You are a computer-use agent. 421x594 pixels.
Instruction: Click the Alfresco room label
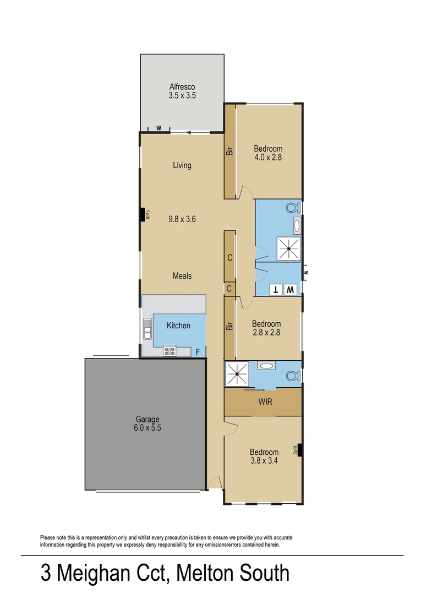[182, 87]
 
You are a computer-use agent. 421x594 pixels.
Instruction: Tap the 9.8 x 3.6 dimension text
[182, 219]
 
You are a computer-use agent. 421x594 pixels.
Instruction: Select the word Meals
[182, 276]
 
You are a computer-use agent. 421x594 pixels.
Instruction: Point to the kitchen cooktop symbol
[170, 350]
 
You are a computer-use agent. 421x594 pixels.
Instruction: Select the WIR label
[265, 402]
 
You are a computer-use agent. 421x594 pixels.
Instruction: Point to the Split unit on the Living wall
[145, 215]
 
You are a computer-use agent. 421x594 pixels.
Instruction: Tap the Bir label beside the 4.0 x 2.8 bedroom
[229, 150]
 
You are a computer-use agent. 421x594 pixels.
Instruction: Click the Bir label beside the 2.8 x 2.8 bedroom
[229, 326]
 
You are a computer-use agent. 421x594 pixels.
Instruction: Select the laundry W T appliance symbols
[283, 289]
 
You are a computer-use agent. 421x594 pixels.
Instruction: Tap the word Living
[182, 165]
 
